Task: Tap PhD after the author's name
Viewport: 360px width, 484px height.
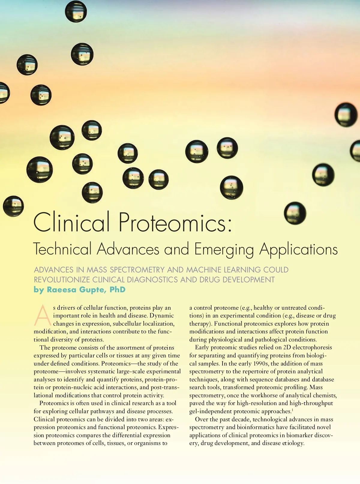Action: (117, 290)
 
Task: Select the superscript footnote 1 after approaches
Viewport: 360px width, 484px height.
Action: (292, 410)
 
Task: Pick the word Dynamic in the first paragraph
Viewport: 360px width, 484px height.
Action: (162, 316)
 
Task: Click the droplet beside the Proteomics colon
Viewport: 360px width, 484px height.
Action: (295, 213)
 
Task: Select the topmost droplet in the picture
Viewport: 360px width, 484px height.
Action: (76, 11)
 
